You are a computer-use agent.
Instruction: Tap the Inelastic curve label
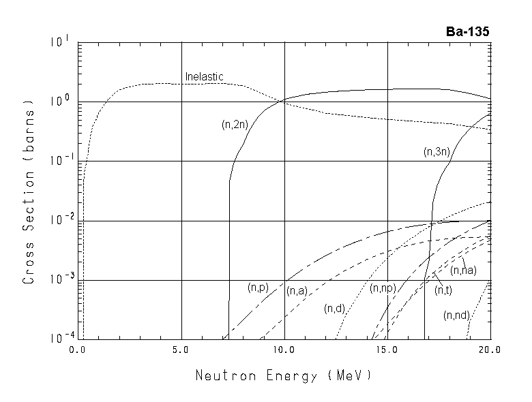[205, 77]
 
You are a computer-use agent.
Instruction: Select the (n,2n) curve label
[235, 124]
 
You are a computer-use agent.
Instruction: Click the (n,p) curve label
[260, 288]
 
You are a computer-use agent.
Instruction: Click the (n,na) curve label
[463, 270]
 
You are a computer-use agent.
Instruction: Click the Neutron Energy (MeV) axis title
[284, 375]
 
